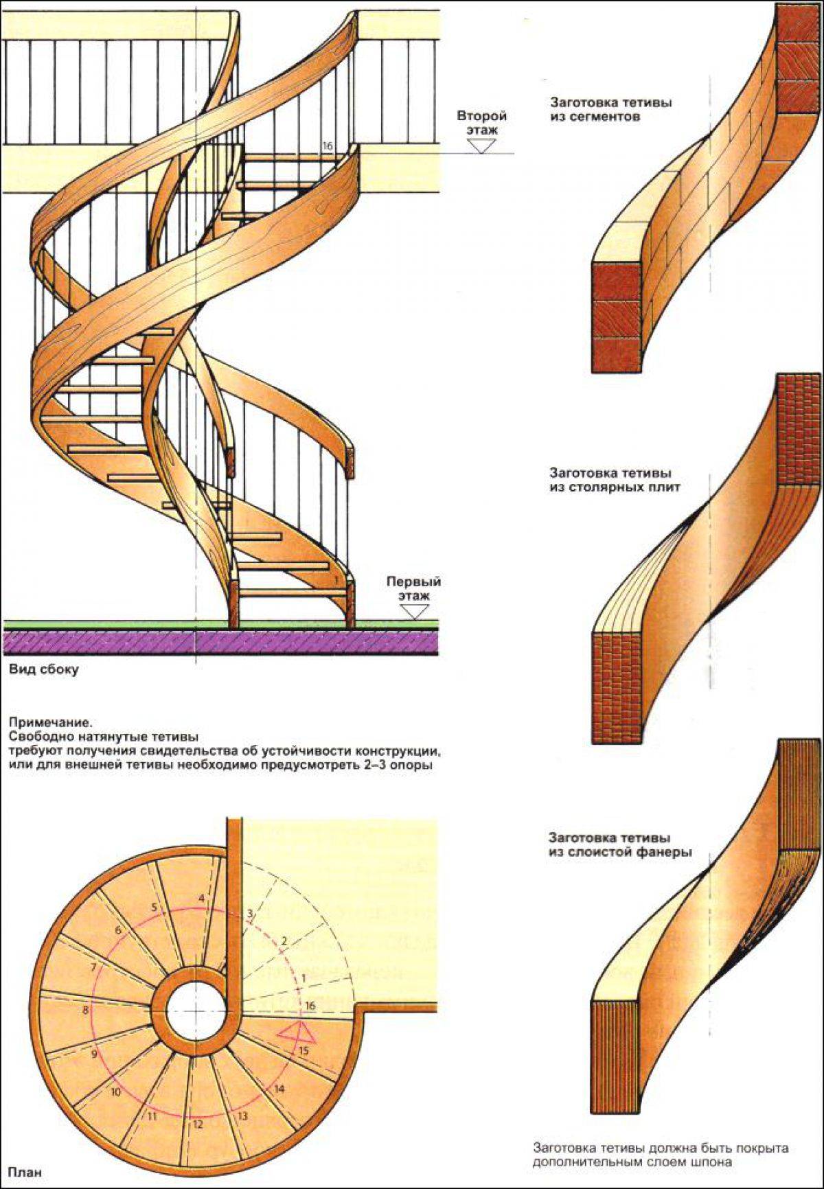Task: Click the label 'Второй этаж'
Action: click(x=481, y=122)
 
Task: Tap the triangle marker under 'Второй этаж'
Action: click(x=481, y=146)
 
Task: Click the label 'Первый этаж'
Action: click(x=413, y=588)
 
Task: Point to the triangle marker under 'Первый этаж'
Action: click(x=413, y=612)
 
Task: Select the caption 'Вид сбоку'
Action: click(x=43, y=669)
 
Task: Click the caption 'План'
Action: click(x=25, y=1172)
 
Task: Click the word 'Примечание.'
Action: click(x=49, y=722)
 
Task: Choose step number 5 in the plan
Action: click(x=154, y=907)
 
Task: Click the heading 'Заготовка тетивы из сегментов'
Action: click(x=610, y=110)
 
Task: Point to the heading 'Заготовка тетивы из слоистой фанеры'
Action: click(x=619, y=845)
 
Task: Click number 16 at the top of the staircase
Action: click(x=327, y=146)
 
